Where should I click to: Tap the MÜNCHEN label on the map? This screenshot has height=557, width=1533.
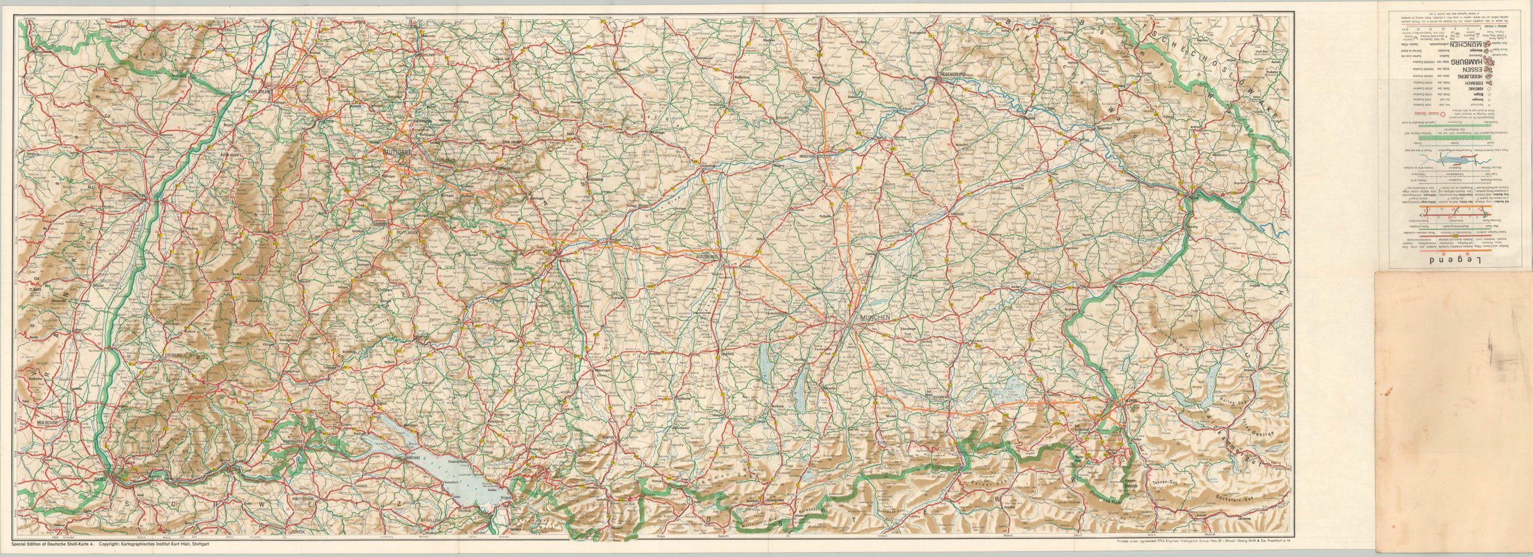tap(875, 317)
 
